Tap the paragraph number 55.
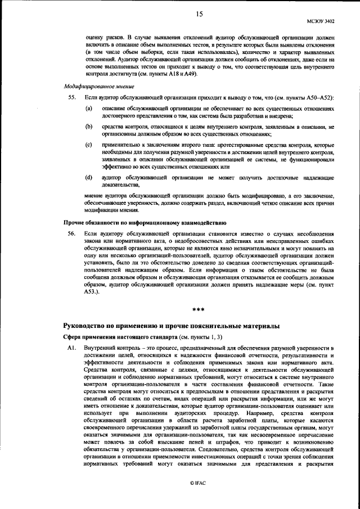71,98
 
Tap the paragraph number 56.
71,233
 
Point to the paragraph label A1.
71,348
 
